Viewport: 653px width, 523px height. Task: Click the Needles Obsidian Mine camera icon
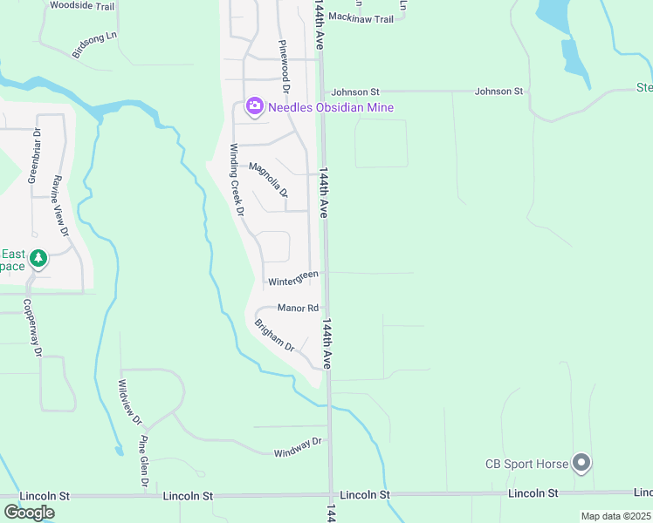[x=255, y=107]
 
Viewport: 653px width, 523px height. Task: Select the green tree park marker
[x=38, y=259]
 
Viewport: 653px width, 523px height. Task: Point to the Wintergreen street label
[x=292, y=279]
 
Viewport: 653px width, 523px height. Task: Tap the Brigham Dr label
[x=276, y=336]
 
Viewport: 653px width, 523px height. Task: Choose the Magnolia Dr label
[x=268, y=180]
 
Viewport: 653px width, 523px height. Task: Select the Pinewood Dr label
[x=283, y=66]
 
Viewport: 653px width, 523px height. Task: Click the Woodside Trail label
[x=82, y=5]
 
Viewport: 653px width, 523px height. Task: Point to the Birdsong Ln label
[x=94, y=44]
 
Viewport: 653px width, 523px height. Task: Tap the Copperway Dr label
[x=34, y=329]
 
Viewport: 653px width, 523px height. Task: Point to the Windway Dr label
[x=298, y=446]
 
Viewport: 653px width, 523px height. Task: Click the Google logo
[x=29, y=512]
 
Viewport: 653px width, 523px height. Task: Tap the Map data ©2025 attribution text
[x=615, y=516]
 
